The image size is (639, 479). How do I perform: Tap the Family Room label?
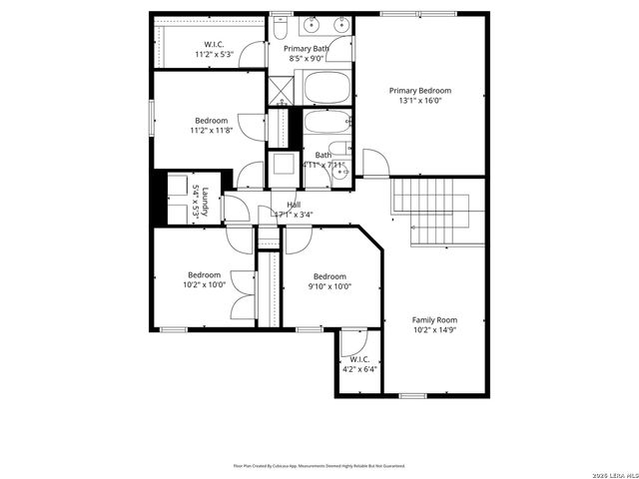(434, 320)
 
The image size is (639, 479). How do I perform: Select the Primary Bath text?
(307, 49)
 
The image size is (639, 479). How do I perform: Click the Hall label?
(294, 205)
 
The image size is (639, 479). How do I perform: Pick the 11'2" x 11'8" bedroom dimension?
(211, 131)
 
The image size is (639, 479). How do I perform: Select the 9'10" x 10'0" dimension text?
(329, 286)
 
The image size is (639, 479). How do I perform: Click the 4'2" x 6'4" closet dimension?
(359, 369)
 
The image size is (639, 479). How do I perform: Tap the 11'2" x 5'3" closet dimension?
(214, 55)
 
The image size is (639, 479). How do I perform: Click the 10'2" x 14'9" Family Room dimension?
(434, 330)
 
